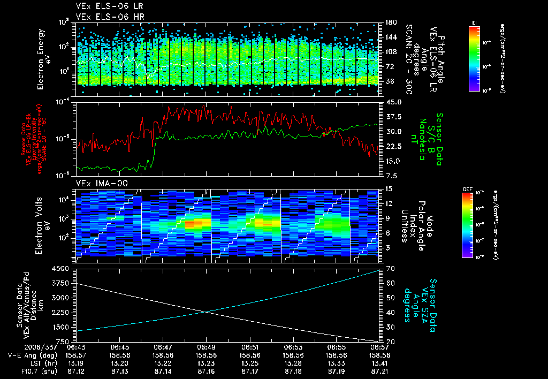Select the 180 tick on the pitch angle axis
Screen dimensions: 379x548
click(x=390, y=22)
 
